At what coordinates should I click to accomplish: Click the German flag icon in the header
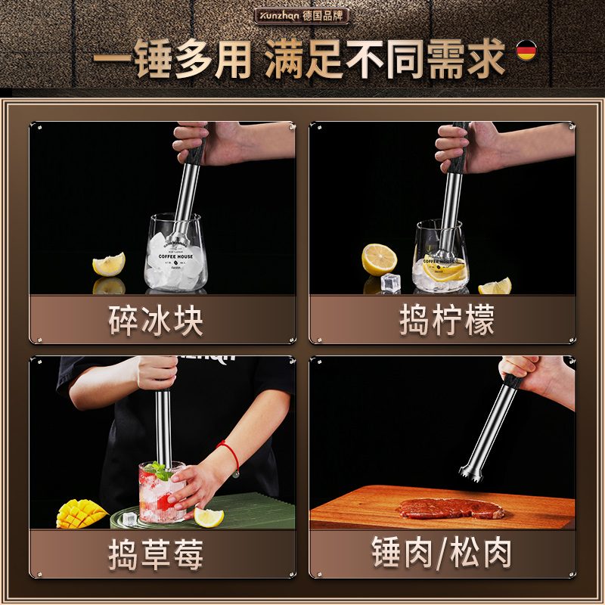tap(526, 51)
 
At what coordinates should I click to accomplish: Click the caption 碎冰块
tap(157, 321)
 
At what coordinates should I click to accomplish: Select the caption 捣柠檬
tap(447, 321)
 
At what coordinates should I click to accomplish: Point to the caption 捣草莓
tap(157, 555)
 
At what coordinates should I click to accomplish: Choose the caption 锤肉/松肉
tap(442, 554)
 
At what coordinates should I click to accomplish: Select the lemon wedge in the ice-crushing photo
tap(109, 264)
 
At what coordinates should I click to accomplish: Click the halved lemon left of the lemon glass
tap(379, 259)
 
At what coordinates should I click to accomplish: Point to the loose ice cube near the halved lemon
tap(390, 283)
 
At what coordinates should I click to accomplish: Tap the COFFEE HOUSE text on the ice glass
tap(175, 256)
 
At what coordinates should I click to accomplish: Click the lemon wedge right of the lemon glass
tap(495, 287)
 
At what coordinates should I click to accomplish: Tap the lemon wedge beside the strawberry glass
tap(209, 517)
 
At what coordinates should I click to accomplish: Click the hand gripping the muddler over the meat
tap(533, 372)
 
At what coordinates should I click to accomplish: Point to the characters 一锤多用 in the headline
tap(174, 60)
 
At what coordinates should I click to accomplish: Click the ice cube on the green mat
tap(129, 519)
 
